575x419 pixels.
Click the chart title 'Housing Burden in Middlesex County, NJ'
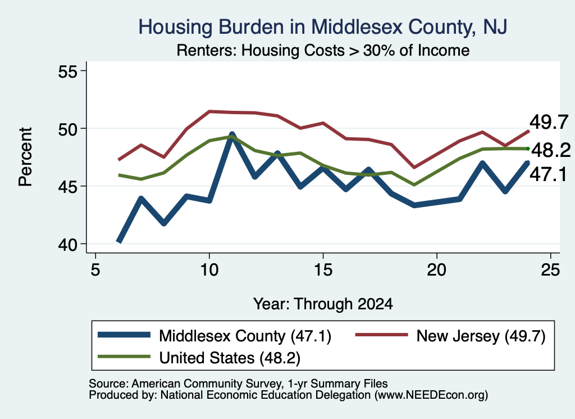click(x=323, y=27)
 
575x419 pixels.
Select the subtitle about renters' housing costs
click(x=323, y=50)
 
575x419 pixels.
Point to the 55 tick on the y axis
click(x=68, y=71)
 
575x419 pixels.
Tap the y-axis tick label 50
click(x=68, y=129)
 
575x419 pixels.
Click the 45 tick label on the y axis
click(x=68, y=187)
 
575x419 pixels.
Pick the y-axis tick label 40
click(x=68, y=244)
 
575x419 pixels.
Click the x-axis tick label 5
click(x=95, y=270)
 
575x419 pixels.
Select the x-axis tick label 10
click(x=209, y=270)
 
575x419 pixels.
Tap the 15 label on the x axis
click(x=323, y=270)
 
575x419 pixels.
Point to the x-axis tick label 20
click(x=437, y=270)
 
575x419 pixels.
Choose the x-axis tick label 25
click(x=550, y=270)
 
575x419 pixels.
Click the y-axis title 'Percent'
click(x=26, y=157)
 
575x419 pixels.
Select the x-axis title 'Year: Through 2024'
click(x=323, y=304)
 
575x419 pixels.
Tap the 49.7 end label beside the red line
click(x=549, y=122)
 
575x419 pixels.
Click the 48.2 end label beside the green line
click(x=551, y=150)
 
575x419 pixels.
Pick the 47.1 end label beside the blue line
click(x=549, y=174)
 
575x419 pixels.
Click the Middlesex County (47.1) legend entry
click(x=215, y=336)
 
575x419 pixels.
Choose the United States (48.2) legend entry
click(x=199, y=358)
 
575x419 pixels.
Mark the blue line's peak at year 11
click(x=232, y=135)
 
